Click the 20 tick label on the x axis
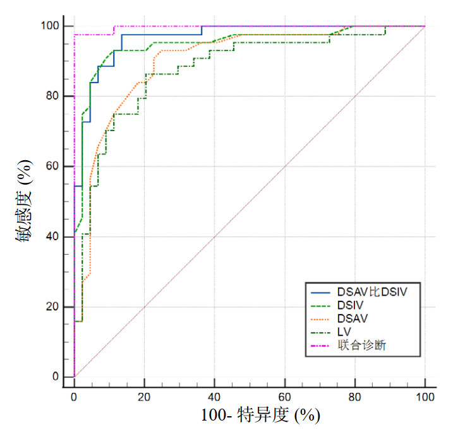pyautogui.click(x=144, y=397)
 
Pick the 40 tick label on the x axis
pyautogui.click(x=214, y=397)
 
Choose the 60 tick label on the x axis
pyautogui.click(x=284, y=397)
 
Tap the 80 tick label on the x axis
pyautogui.click(x=355, y=397)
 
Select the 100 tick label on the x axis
pyautogui.click(x=425, y=397)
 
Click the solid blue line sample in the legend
pyautogui.click(x=323, y=291)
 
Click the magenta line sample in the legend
pyautogui.click(x=323, y=345)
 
